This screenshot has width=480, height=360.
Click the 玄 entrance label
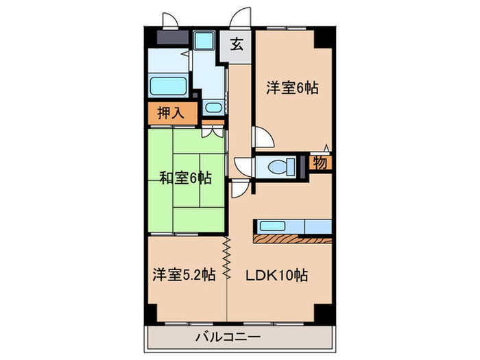(x=237, y=45)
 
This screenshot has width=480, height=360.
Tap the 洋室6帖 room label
(x=293, y=87)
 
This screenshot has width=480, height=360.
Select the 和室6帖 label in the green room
(x=185, y=178)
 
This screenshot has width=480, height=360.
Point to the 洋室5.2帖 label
(x=184, y=275)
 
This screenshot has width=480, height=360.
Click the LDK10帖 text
(x=276, y=275)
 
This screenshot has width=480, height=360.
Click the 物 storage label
(x=320, y=163)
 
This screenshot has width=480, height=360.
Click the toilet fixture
(x=281, y=166)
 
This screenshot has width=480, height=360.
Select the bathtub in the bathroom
(x=169, y=88)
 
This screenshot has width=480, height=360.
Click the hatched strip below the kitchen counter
(x=292, y=239)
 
